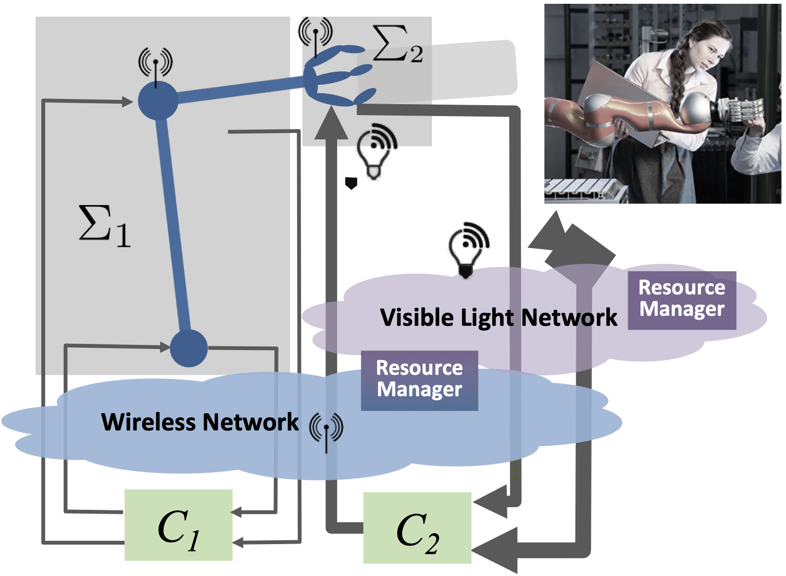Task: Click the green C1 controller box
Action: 178,525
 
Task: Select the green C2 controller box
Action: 417,528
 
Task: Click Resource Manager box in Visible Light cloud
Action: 681,300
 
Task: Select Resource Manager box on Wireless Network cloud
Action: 419,380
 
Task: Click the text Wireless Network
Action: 200,422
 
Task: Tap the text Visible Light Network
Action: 498,317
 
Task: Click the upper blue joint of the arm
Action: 158,100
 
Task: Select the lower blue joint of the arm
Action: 189,348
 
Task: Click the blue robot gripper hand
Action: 335,76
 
